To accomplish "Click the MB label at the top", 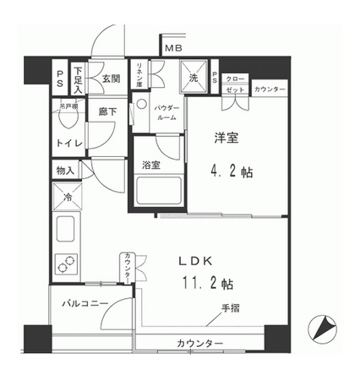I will [173, 49].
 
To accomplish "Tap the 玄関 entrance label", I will [110, 79].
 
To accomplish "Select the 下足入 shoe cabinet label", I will [78, 78].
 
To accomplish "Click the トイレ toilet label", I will [69, 144].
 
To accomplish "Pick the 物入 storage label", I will [65, 171].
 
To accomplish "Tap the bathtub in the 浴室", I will [156, 193].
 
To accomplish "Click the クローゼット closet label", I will [236, 84].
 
